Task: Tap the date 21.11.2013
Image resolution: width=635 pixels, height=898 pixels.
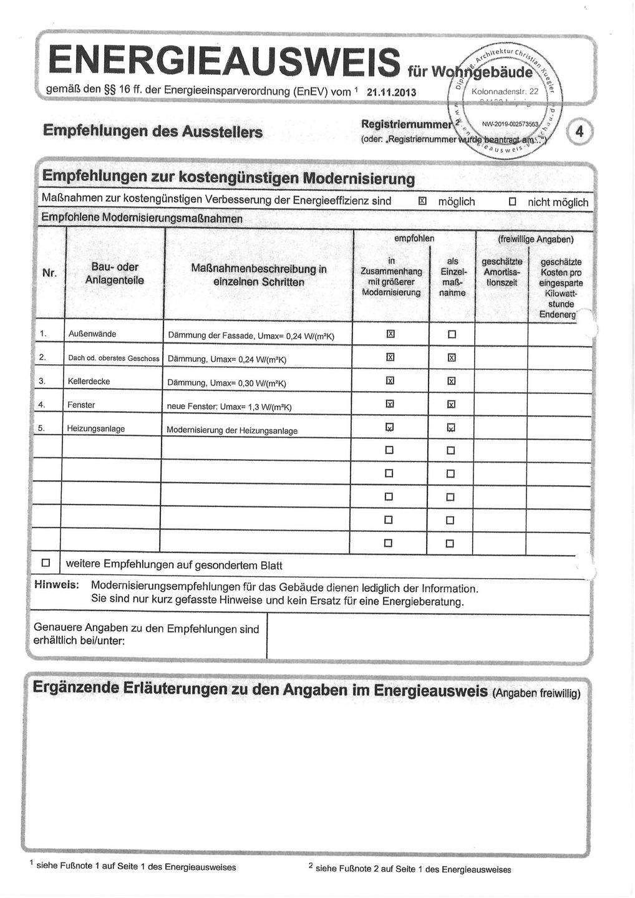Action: click(391, 93)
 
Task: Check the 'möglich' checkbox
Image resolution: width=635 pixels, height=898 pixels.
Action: click(422, 201)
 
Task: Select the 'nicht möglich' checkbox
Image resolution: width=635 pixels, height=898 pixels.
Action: click(513, 202)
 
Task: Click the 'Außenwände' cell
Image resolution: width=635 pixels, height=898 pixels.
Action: click(92, 334)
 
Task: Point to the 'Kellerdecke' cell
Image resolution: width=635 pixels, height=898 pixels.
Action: click(89, 381)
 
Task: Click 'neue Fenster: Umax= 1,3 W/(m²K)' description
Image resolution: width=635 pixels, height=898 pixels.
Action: click(229, 407)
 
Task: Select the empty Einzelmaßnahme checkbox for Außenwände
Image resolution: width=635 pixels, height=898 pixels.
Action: click(452, 334)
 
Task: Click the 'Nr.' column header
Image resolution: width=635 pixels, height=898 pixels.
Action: click(49, 273)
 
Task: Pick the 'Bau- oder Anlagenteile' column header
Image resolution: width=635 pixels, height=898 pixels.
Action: click(114, 274)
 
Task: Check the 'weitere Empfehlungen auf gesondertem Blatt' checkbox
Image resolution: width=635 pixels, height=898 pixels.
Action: click(46, 563)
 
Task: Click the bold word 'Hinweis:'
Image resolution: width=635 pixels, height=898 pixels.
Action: click(56, 586)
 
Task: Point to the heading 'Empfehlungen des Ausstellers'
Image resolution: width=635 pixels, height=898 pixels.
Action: click(152, 132)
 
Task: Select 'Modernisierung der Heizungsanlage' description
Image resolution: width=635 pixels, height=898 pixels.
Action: click(231, 430)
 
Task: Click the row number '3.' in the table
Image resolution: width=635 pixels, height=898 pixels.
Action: click(42, 381)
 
